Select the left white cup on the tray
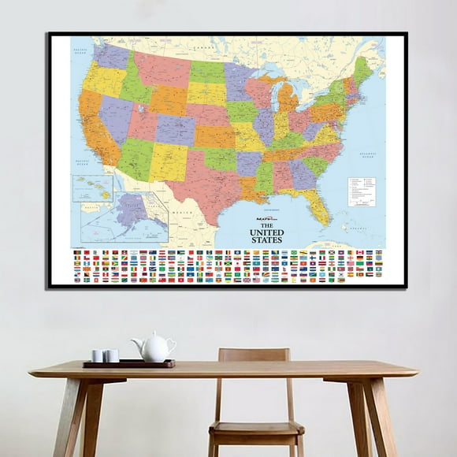pos(97,355)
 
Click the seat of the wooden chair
pos(256,429)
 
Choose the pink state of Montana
pos(161,69)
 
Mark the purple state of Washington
pos(111,56)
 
